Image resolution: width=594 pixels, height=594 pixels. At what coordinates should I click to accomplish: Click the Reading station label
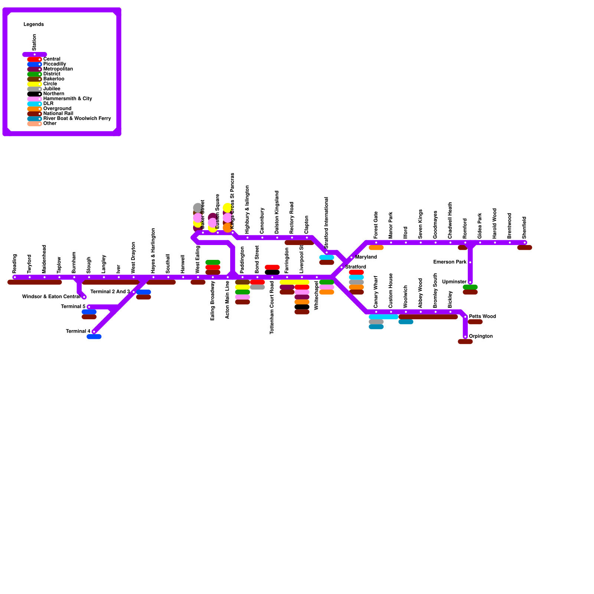pos(15,264)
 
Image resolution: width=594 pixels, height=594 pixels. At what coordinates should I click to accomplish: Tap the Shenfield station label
pos(524,228)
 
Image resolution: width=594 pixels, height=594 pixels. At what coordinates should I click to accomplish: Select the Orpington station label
pos(481,336)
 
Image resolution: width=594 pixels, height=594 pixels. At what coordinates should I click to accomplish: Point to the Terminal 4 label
pos(78,332)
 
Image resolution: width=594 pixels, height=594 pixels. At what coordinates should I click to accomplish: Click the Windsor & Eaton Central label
pos(51,297)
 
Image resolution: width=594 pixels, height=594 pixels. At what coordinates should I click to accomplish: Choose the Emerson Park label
pos(450,262)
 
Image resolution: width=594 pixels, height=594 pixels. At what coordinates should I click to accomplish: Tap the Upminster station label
pos(454,282)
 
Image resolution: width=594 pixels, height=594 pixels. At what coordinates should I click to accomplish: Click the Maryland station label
pos(366,257)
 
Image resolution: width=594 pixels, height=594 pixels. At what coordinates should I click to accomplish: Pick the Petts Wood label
pos(482,317)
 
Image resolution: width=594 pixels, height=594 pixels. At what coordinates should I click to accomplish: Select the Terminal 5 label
pos(73,307)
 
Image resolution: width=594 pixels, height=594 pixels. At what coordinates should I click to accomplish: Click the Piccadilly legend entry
pos(55,64)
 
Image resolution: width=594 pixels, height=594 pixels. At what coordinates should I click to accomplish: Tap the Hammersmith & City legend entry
pos(68,99)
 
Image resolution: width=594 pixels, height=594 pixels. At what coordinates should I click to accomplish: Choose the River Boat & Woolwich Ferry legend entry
pos(77,118)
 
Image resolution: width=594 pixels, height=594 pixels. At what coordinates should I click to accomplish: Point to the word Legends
pos(34,25)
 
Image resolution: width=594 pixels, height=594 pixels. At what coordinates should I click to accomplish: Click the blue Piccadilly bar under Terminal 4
pos(94,337)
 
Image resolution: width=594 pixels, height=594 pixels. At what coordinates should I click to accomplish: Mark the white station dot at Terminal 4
pos(94,332)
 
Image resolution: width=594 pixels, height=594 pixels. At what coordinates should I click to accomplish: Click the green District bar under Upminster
pos(470,287)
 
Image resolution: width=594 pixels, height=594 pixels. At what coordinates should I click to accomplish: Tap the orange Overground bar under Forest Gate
pos(376,248)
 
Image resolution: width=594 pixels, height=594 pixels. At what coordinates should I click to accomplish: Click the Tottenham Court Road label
pos(272,307)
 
